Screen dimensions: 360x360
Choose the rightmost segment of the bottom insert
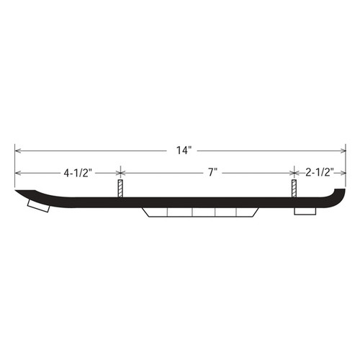click(248, 212)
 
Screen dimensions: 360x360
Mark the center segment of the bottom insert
click(203, 212)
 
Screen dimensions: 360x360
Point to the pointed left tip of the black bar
click(18, 194)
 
